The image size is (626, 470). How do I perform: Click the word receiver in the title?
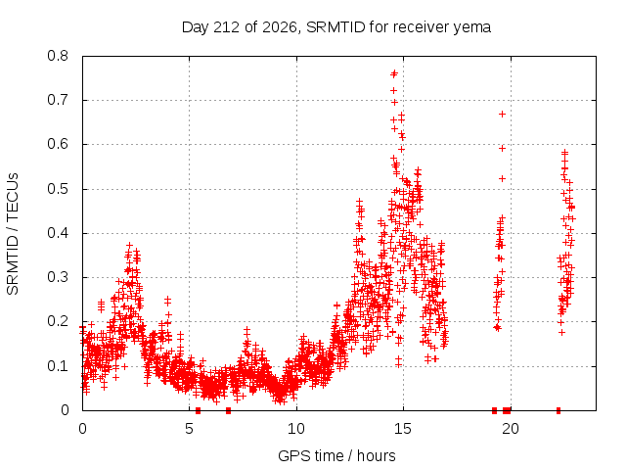click(x=422, y=27)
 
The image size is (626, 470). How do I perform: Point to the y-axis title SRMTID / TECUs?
click(x=13, y=234)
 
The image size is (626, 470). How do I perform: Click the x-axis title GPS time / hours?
click(x=336, y=455)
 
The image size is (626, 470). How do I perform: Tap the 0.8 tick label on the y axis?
click(x=58, y=56)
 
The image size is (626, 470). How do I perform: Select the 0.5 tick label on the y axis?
click(x=58, y=189)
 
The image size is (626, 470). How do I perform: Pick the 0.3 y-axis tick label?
click(x=58, y=277)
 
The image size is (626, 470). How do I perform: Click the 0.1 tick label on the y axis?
click(x=58, y=366)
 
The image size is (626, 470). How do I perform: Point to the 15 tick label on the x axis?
click(x=403, y=429)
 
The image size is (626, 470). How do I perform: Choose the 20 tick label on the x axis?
click(x=511, y=429)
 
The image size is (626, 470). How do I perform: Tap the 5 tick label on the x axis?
click(x=189, y=429)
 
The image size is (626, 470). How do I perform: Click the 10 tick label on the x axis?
click(x=296, y=429)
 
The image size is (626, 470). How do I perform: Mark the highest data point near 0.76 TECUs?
click(x=394, y=73)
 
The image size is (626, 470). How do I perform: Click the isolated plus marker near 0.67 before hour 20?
click(x=502, y=115)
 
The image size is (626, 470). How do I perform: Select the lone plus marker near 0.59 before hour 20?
click(x=502, y=148)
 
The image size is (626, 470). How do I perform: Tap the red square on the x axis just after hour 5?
click(x=198, y=410)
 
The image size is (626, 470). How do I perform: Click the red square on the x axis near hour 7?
click(x=228, y=410)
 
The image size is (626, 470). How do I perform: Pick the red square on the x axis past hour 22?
click(x=559, y=410)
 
